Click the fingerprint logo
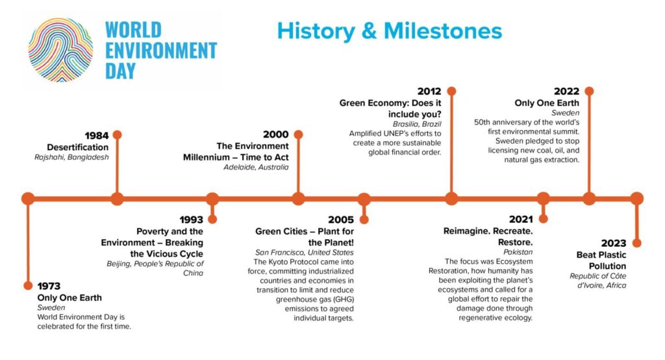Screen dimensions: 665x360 (60, 49)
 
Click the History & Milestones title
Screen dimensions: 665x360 (390, 31)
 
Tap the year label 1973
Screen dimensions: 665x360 (49, 286)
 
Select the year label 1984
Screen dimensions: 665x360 (97, 135)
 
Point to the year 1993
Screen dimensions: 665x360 (192, 220)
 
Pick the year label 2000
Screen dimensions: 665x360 (275, 134)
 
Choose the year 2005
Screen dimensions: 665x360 (341, 220)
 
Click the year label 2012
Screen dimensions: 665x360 (429, 91)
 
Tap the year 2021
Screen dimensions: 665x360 (521, 219)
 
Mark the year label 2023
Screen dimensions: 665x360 (614, 243)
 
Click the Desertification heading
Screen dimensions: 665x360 (78, 148)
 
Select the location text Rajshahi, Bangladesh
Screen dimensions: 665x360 (71, 157)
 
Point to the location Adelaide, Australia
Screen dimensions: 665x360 (256, 167)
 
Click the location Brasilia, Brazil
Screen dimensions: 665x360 (417, 124)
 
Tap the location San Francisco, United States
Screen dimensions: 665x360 (305, 252)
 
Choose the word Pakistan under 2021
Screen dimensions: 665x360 (518, 251)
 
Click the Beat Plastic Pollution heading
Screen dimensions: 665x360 (601, 260)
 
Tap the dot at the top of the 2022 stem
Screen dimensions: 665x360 (589, 91)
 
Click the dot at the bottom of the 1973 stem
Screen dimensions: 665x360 (28, 285)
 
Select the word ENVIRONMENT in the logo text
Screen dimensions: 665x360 (161, 51)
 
